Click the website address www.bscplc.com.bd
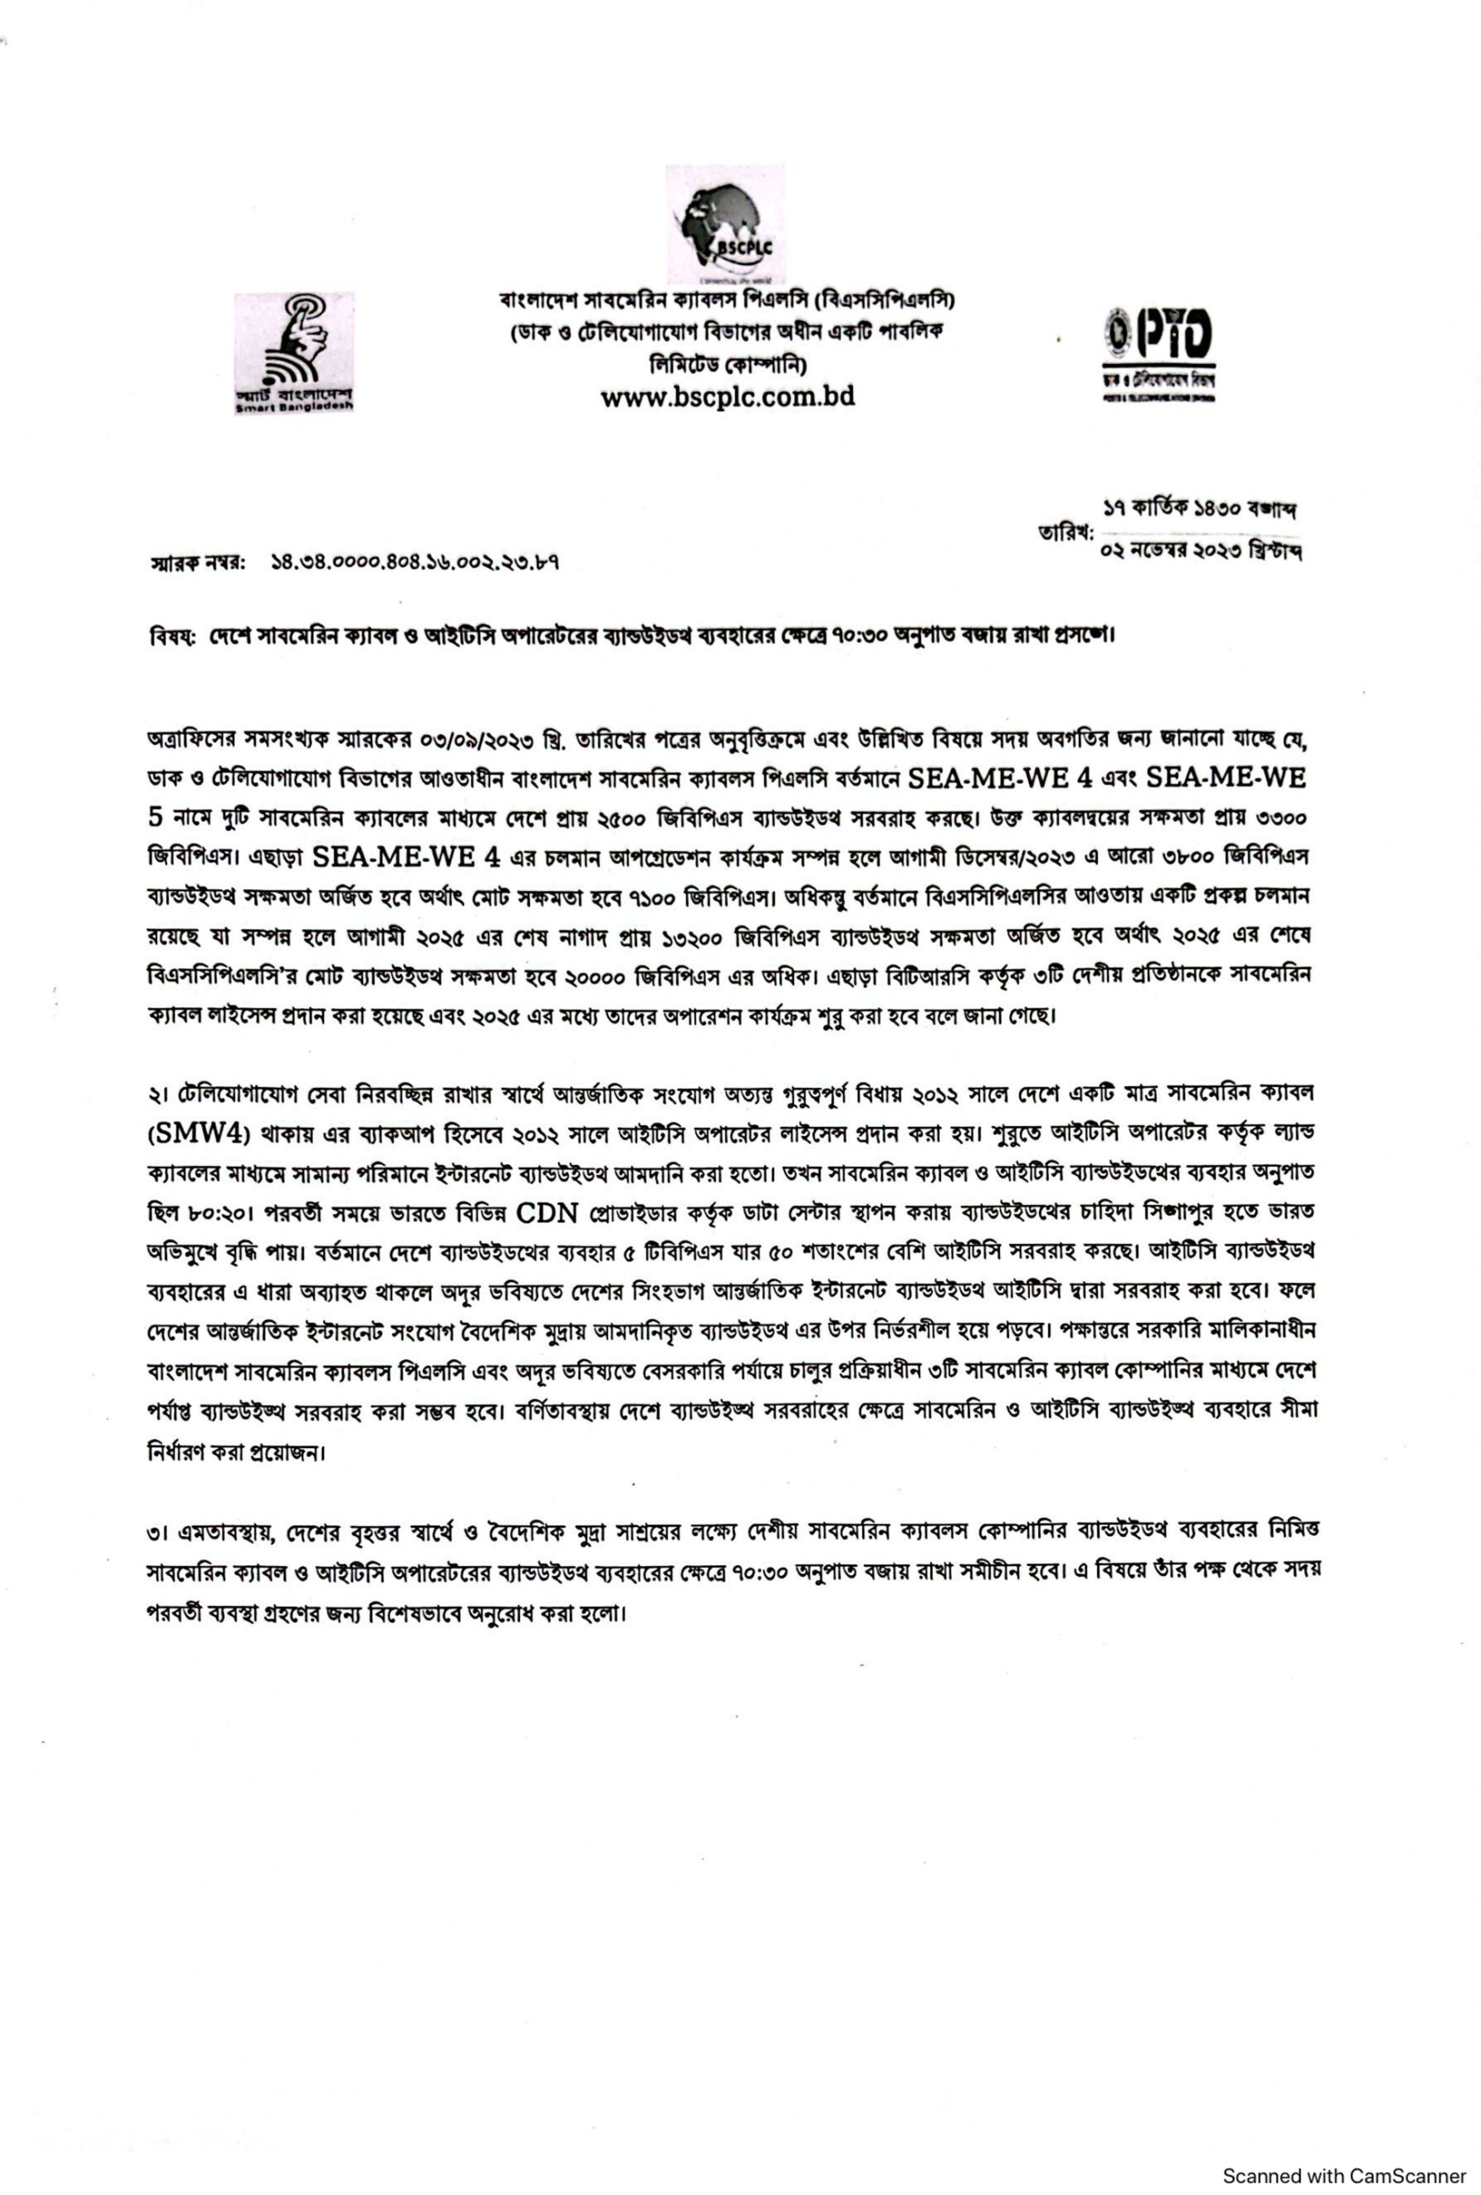pos(727,397)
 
